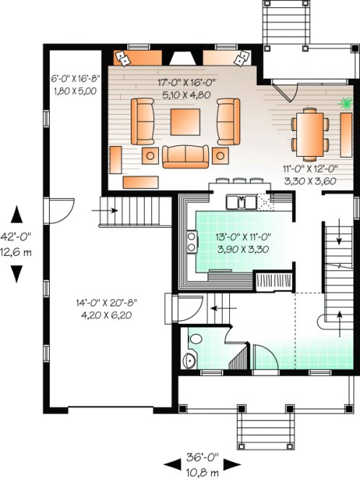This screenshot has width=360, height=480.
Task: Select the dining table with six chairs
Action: pyautogui.click(x=309, y=135)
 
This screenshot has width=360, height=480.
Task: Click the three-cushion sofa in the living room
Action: pyautogui.click(x=183, y=155)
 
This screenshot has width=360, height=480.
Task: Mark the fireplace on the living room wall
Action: pyautogui.click(x=181, y=59)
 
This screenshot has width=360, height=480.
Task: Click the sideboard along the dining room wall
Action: pyautogui.click(x=348, y=135)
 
